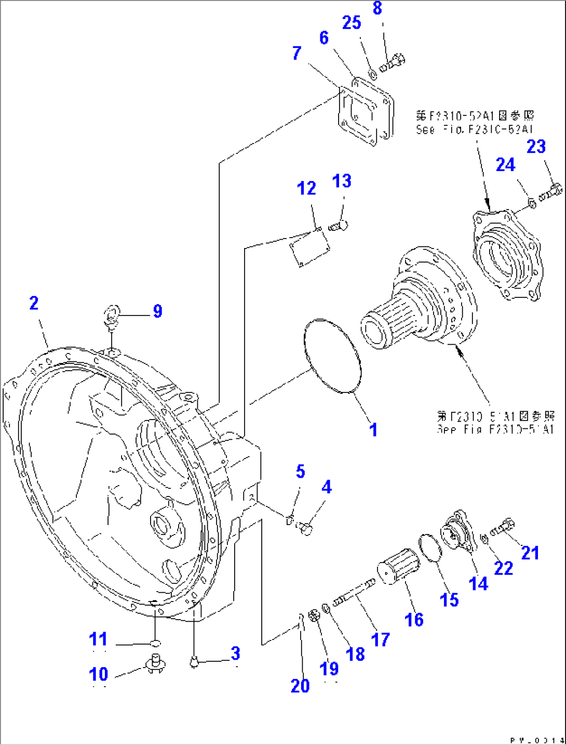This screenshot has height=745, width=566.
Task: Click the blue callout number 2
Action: pyautogui.click(x=34, y=303)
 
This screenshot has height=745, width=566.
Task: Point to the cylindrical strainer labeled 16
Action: pyautogui.click(x=399, y=568)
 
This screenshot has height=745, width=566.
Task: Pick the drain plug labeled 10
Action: pyautogui.click(x=154, y=663)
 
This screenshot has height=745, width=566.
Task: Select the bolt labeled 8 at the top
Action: pyautogui.click(x=393, y=63)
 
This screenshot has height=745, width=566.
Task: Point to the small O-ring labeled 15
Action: pyautogui.click(x=430, y=547)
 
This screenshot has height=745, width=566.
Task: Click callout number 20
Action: pyautogui.click(x=300, y=686)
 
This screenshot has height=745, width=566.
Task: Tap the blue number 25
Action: pyautogui.click(x=352, y=23)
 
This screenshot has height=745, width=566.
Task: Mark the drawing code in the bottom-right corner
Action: pyautogui.click(x=537, y=740)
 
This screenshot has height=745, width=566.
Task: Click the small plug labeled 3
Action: pyautogui.click(x=194, y=662)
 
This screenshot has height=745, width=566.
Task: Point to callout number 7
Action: pyautogui.click(x=297, y=53)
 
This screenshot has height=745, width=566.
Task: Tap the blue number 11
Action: pyautogui.click(x=98, y=639)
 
